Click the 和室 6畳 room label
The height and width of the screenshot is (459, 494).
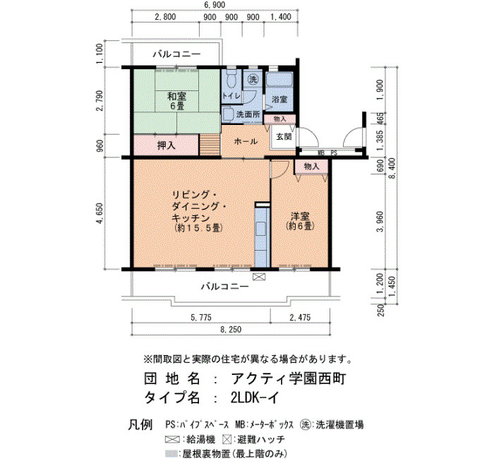[176, 101]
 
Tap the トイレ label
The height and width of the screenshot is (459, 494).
[231, 95]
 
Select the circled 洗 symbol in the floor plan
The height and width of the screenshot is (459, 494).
[253, 80]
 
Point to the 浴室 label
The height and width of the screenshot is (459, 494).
[279, 100]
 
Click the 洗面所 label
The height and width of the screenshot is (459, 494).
[248, 114]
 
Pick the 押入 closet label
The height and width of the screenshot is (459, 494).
[166, 145]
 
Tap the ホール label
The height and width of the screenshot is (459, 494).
[246, 141]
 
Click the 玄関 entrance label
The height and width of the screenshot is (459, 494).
[284, 136]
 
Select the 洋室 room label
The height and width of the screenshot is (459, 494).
[300, 216]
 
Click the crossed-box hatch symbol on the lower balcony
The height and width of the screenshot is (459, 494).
[259, 277]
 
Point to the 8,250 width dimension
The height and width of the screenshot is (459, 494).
[231, 330]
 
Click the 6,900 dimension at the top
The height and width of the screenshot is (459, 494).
[215, 5]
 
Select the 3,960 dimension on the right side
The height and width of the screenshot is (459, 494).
[380, 221]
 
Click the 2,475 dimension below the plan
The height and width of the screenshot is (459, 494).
[300, 317]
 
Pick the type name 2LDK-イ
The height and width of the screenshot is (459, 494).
[255, 398]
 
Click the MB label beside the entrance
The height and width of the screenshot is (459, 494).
[321, 153]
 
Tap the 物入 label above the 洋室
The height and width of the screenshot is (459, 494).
[312, 166]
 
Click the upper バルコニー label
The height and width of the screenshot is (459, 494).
[176, 54]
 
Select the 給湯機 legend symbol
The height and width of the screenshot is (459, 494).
[172, 439]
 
